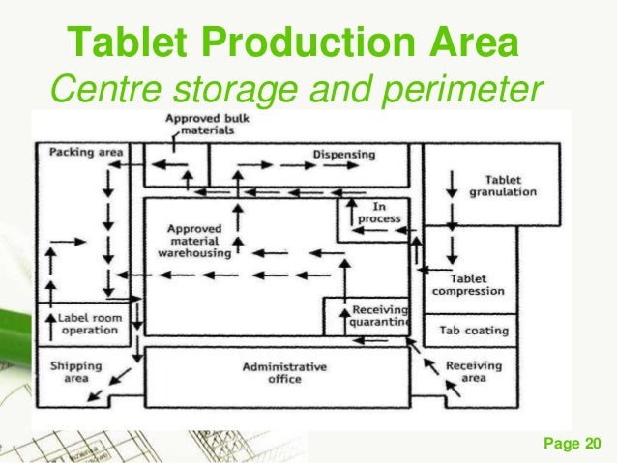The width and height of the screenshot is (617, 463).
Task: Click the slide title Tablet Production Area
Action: coord(295,43)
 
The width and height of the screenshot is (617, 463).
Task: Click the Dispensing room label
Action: coord(343,153)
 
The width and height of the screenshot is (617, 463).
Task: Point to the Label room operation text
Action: coord(89,323)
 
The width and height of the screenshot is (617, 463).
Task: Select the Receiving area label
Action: coord(473,371)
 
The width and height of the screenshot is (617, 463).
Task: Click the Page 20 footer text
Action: coord(573,444)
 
